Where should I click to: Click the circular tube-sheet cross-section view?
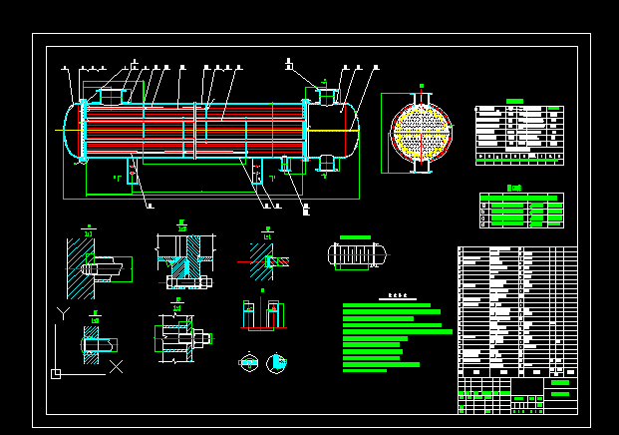422,131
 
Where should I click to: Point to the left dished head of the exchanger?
71,130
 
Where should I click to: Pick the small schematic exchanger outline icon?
355,254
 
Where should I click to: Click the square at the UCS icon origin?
56,374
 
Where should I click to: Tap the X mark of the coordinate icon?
116,366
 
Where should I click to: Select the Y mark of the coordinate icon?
63,313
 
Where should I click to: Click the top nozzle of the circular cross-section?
422,91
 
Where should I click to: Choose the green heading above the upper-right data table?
515,101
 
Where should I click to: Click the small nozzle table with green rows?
521,211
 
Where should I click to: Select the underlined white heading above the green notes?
398,296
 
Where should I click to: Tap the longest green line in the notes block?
397,331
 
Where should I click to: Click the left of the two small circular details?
248,362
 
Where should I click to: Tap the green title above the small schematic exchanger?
355,237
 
